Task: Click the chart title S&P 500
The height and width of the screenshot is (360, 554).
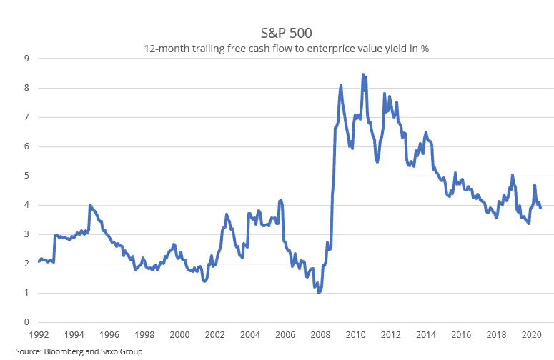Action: tap(286, 33)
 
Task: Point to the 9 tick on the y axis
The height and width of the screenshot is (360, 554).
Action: tap(27, 59)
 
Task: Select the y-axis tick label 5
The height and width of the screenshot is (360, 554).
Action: tap(27, 176)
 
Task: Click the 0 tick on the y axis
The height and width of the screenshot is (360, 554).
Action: tap(27, 322)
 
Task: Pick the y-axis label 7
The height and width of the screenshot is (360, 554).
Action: tap(27, 117)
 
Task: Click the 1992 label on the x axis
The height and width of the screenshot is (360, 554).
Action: tap(39, 334)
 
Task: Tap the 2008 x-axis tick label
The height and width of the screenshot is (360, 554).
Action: tap(320, 334)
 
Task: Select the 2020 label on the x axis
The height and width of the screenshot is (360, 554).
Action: tap(531, 334)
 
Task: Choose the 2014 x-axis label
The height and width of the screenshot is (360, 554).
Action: tap(426, 334)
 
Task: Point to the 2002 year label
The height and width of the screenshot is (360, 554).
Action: tap(215, 334)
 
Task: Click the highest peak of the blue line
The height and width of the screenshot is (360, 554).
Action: tap(363, 74)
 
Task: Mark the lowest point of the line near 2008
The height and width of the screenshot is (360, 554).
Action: tap(319, 292)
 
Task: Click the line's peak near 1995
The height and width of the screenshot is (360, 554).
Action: tap(90, 205)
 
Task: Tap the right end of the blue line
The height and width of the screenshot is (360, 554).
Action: tap(540, 208)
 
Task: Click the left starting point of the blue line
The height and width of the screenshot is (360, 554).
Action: tap(39, 261)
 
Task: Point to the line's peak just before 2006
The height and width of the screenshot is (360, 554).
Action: tap(281, 200)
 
